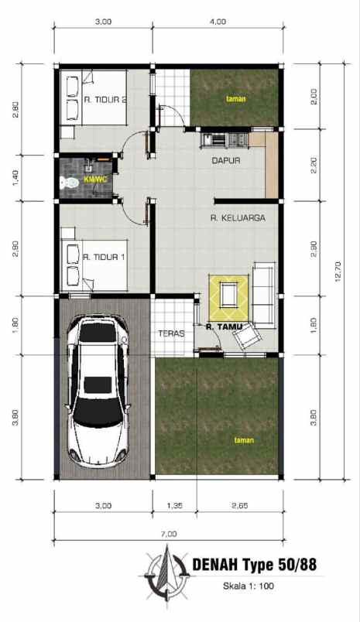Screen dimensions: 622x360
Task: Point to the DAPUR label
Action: (x=226, y=161)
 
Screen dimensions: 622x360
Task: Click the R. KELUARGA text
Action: (x=238, y=218)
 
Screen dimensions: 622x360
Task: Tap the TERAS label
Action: (x=170, y=334)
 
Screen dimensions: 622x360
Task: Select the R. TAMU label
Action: (x=224, y=327)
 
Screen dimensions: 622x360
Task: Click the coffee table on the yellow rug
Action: (x=228, y=294)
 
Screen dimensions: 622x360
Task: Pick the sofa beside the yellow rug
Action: (x=264, y=294)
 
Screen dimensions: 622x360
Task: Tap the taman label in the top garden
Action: (x=235, y=99)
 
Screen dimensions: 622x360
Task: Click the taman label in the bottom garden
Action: (x=244, y=440)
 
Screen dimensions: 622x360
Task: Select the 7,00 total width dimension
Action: (x=169, y=534)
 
